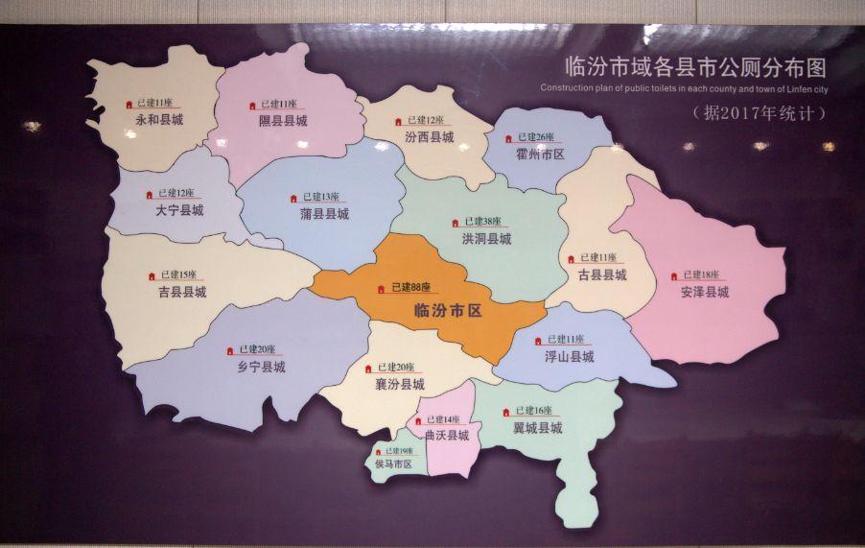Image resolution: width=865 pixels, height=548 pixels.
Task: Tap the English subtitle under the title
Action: click(683, 89)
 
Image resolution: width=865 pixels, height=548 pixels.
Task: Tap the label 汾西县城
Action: click(429, 137)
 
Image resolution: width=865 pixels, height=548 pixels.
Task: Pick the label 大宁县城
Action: click(179, 209)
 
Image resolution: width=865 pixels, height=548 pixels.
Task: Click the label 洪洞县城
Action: click(486, 238)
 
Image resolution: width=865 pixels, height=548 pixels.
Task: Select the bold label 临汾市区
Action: click(447, 311)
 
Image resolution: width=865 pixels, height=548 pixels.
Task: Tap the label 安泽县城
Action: click(705, 292)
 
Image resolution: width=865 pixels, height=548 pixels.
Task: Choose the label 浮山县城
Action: click(570, 356)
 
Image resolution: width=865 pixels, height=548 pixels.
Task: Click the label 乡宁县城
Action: click(261, 366)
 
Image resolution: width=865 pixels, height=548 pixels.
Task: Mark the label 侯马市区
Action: click(393, 465)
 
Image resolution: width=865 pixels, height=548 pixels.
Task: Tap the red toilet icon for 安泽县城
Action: click(674, 276)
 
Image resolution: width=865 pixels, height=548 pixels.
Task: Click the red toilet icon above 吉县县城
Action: click(152, 276)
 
